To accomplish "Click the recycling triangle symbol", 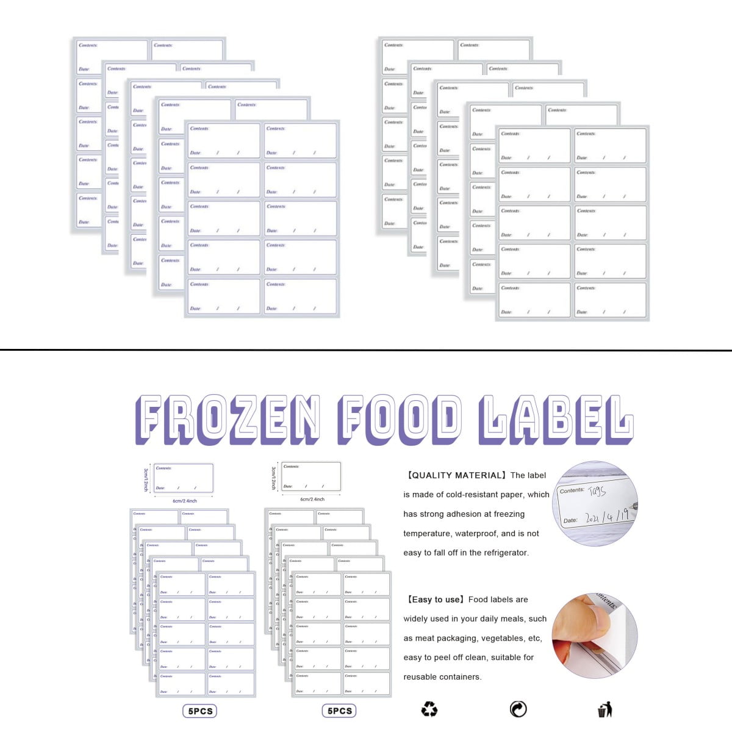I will pos(429,709).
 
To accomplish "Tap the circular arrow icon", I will pos(518,709).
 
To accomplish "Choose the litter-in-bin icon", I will pos(605,709).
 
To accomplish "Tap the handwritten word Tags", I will pos(597,490).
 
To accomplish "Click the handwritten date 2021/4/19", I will pos(606,517).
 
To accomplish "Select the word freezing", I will pos(509,514).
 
